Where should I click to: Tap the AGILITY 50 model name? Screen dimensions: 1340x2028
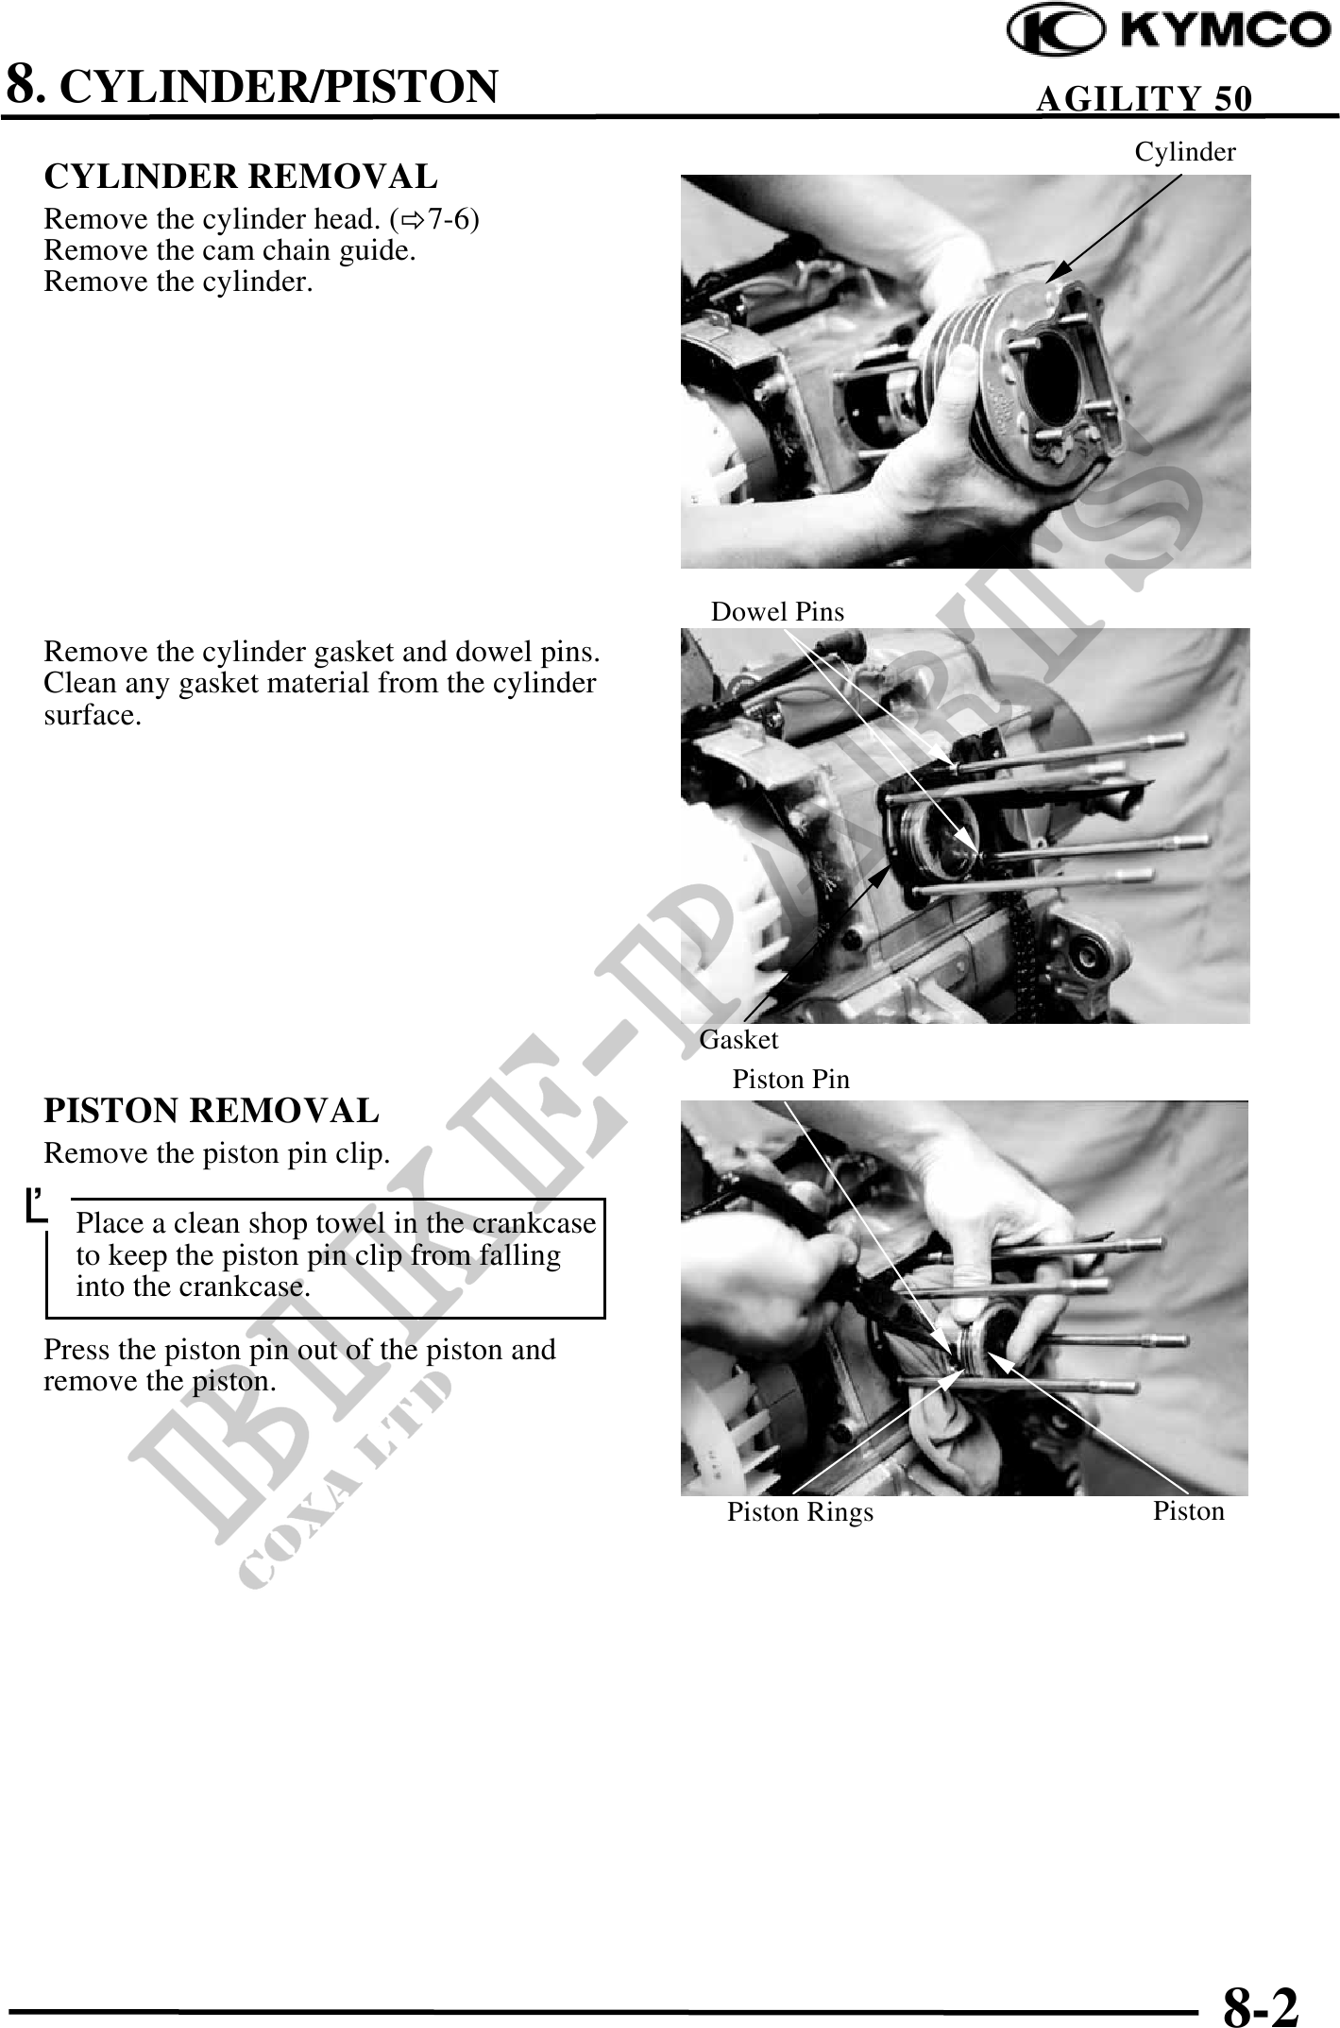(1145, 98)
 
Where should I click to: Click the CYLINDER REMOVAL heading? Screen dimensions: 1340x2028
(241, 177)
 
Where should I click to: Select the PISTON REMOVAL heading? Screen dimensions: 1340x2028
(212, 1111)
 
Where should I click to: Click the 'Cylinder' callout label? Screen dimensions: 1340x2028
(1185, 152)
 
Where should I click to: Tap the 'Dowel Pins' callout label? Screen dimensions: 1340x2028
(777, 612)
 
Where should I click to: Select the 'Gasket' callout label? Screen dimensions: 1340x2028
(738, 1040)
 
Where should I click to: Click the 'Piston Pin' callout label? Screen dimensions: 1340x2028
(791, 1080)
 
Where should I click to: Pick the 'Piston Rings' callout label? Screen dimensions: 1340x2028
(800, 1512)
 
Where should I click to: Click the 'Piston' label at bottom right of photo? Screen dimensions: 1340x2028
(1189, 1511)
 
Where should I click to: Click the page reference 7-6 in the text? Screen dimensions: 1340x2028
(449, 220)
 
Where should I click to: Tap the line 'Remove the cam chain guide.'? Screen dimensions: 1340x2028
(230, 250)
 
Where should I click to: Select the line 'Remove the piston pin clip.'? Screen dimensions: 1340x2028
(217, 1153)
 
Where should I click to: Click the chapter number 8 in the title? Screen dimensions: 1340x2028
(23, 84)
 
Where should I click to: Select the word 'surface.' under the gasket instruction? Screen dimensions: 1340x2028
(93, 716)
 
